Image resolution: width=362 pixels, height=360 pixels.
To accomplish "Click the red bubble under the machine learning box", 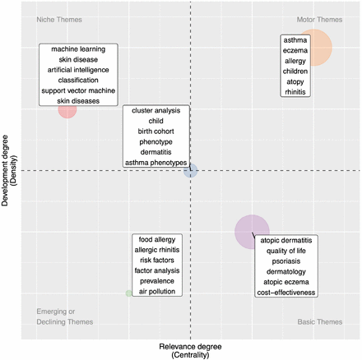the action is pos(67,111).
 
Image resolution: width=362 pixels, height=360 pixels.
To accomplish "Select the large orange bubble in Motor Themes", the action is pos(318,48).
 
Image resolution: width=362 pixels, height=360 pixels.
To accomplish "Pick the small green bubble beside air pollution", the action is pos(128,293).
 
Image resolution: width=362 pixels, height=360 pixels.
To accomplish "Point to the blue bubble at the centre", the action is pos(190,171).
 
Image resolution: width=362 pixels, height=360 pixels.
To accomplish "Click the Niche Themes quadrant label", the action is pos(59,20).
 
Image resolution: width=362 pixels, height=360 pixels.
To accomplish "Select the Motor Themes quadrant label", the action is pos(319,20).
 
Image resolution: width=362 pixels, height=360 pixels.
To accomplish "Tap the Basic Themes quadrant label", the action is pos(320,322).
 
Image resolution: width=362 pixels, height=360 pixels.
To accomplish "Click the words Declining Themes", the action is pos(65,322).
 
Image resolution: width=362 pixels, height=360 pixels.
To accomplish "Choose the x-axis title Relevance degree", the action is pos(190,347).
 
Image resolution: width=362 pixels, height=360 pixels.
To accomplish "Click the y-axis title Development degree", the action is pos(5,171).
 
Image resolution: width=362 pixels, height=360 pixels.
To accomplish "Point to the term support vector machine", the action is pos(78,90).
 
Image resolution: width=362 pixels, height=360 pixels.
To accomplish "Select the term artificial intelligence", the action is pos(78,70).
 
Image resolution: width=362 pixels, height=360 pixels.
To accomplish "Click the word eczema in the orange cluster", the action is pos(295,51).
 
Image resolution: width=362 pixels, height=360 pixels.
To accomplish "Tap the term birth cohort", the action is pos(156,132).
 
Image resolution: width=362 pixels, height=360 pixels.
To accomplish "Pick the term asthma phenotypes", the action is pos(156,163).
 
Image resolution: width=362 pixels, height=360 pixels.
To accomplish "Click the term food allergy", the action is pos(157,240).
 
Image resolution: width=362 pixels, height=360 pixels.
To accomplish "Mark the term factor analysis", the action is pos(157,270).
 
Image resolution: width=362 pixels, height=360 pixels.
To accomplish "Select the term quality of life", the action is pos(286,251).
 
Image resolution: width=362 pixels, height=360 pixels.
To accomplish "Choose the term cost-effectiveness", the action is pos(286,293).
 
